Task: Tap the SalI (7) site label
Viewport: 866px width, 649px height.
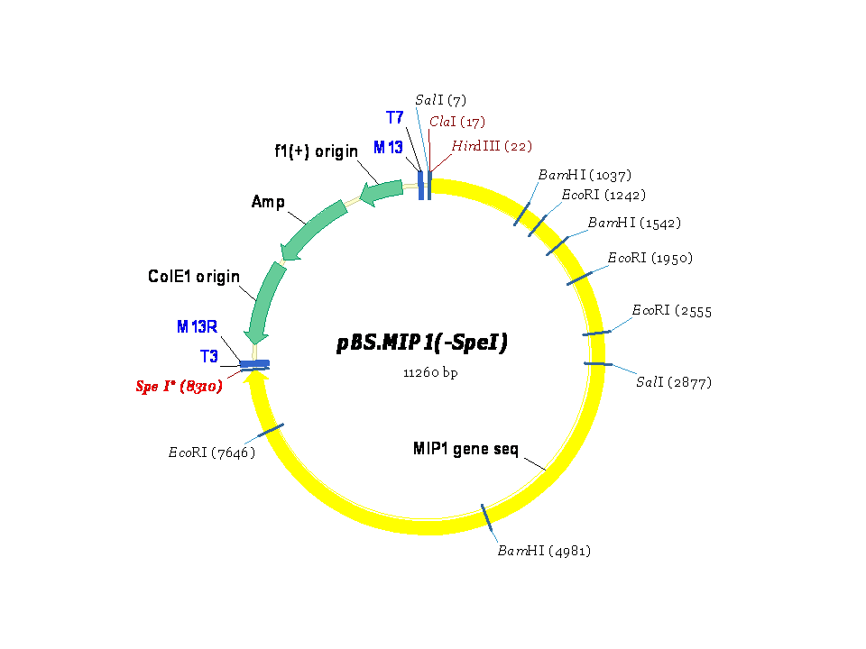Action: [x=440, y=100]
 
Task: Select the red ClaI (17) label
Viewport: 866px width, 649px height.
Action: [x=457, y=122]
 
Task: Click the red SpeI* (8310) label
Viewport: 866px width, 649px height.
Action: [x=180, y=387]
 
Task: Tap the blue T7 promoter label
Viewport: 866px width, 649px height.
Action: [x=394, y=118]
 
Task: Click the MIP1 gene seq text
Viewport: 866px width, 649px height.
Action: [x=465, y=448]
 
